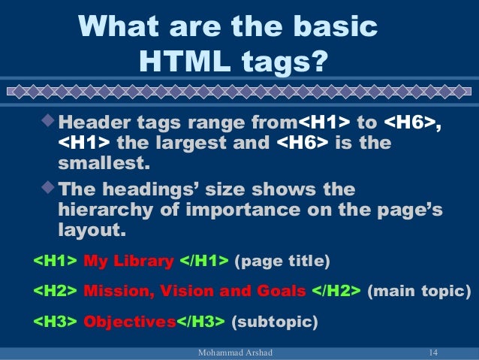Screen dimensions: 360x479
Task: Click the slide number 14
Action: click(x=432, y=353)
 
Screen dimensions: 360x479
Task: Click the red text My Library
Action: click(x=128, y=262)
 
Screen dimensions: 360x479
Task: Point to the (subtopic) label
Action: click(x=274, y=322)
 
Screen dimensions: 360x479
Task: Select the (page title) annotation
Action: click(x=282, y=262)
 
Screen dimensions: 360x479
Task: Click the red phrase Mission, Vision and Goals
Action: click(x=195, y=292)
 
